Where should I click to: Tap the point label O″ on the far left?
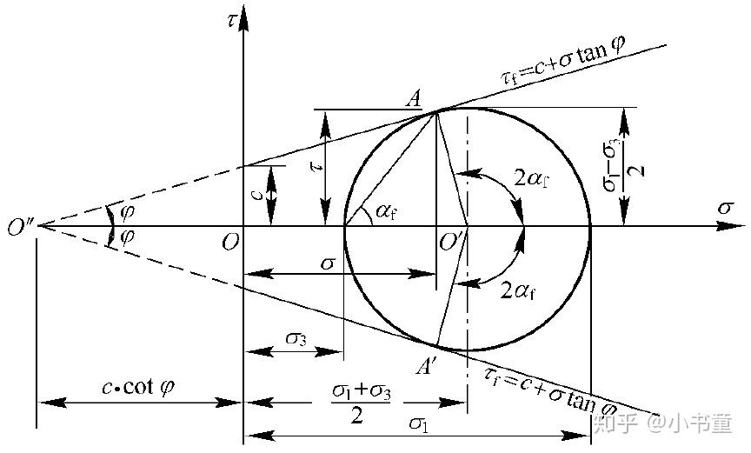pyautogui.click(x=18, y=228)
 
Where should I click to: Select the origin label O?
pyautogui.click(x=229, y=243)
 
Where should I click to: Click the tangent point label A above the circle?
pyautogui.click(x=413, y=97)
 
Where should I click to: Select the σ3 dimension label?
pyautogui.click(x=295, y=338)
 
